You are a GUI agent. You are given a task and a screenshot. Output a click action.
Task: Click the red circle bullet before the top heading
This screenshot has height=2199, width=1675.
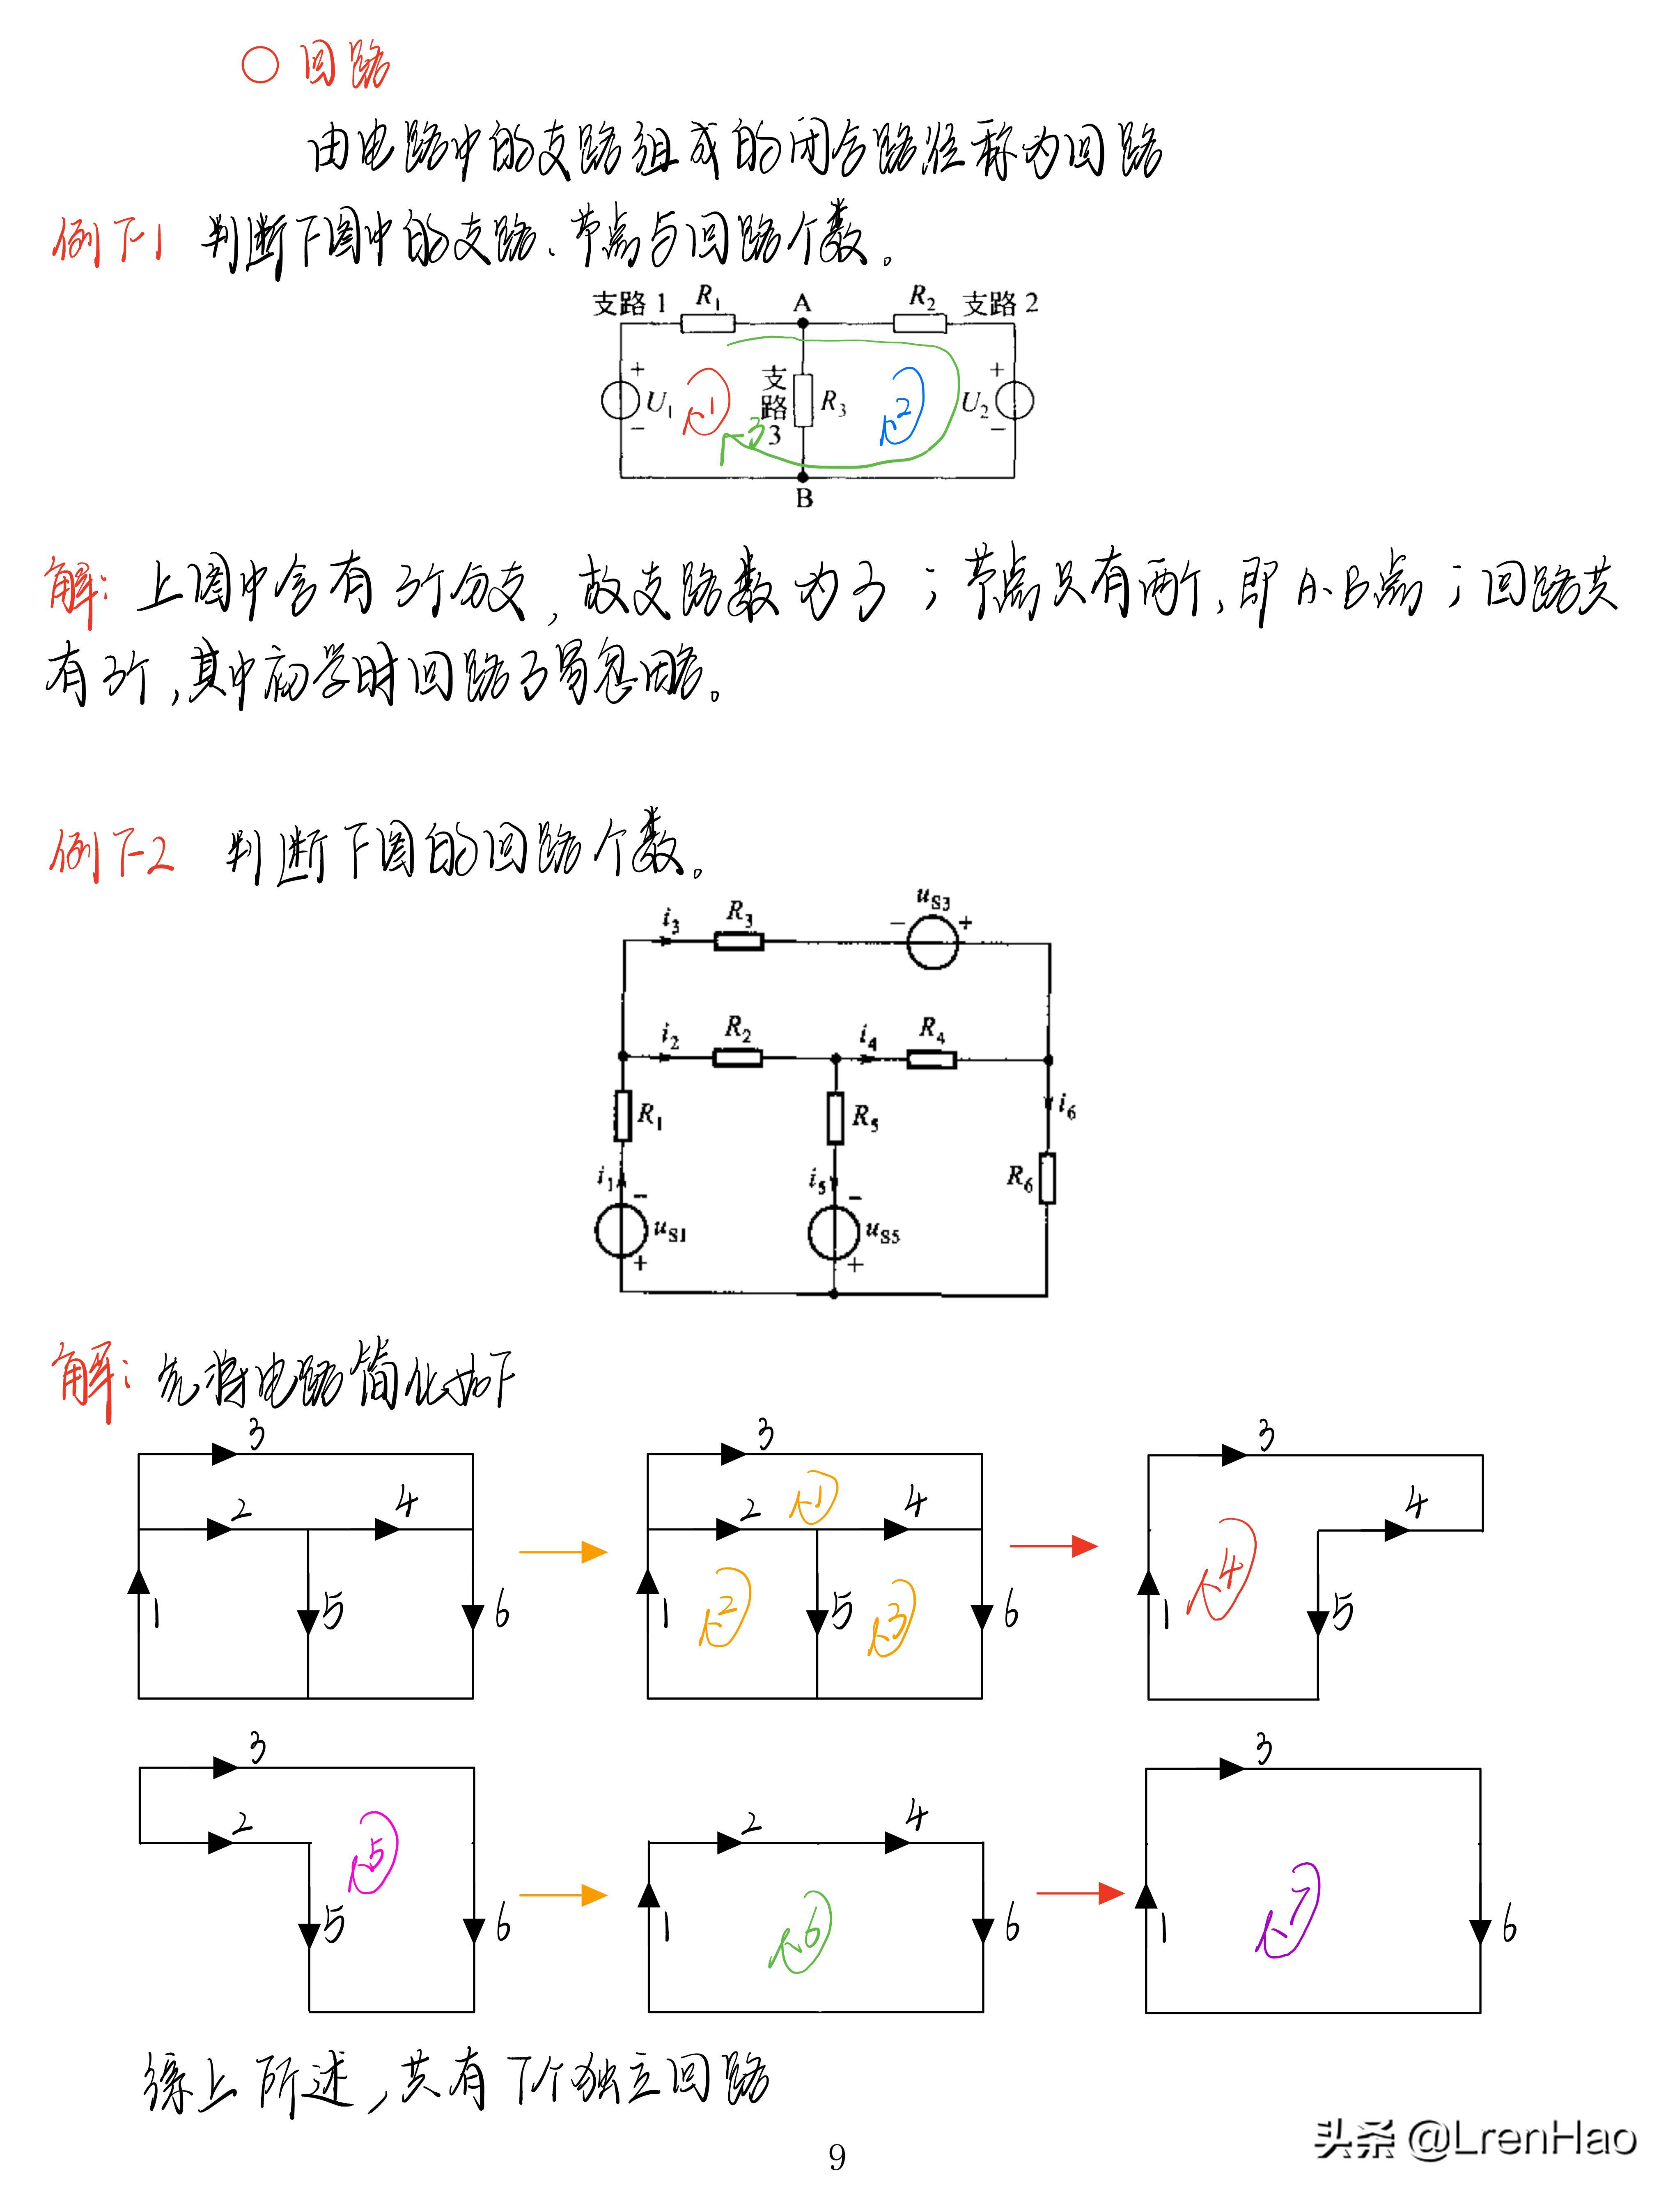tap(260, 66)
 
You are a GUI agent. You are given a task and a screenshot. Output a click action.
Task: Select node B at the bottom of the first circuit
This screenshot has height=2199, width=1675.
tap(803, 477)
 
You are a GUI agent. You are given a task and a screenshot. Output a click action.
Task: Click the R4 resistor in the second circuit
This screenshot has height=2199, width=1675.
tap(931, 1059)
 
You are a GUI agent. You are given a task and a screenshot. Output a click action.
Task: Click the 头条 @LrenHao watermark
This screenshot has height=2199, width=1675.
tap(1475, 2139)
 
